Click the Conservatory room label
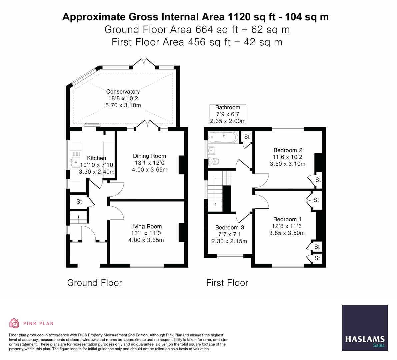tap(123, 92)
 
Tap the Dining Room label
tap(149, 156)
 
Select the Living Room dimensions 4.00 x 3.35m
tap(147, 240)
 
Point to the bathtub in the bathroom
tap(223, 137)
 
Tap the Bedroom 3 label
tap(229, 227)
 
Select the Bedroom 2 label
tap(288, 150)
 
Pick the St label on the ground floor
tap(79, 202)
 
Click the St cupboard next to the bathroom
tap(247, 137)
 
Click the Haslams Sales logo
tap(365, 328)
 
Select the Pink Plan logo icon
tap(14, 323)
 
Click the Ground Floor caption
tap(94, 283)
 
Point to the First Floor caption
tap(227, 283)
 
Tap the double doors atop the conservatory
tap(144, 63)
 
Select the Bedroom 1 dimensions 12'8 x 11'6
tap(287, 226)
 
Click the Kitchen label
tap(96, 158)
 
